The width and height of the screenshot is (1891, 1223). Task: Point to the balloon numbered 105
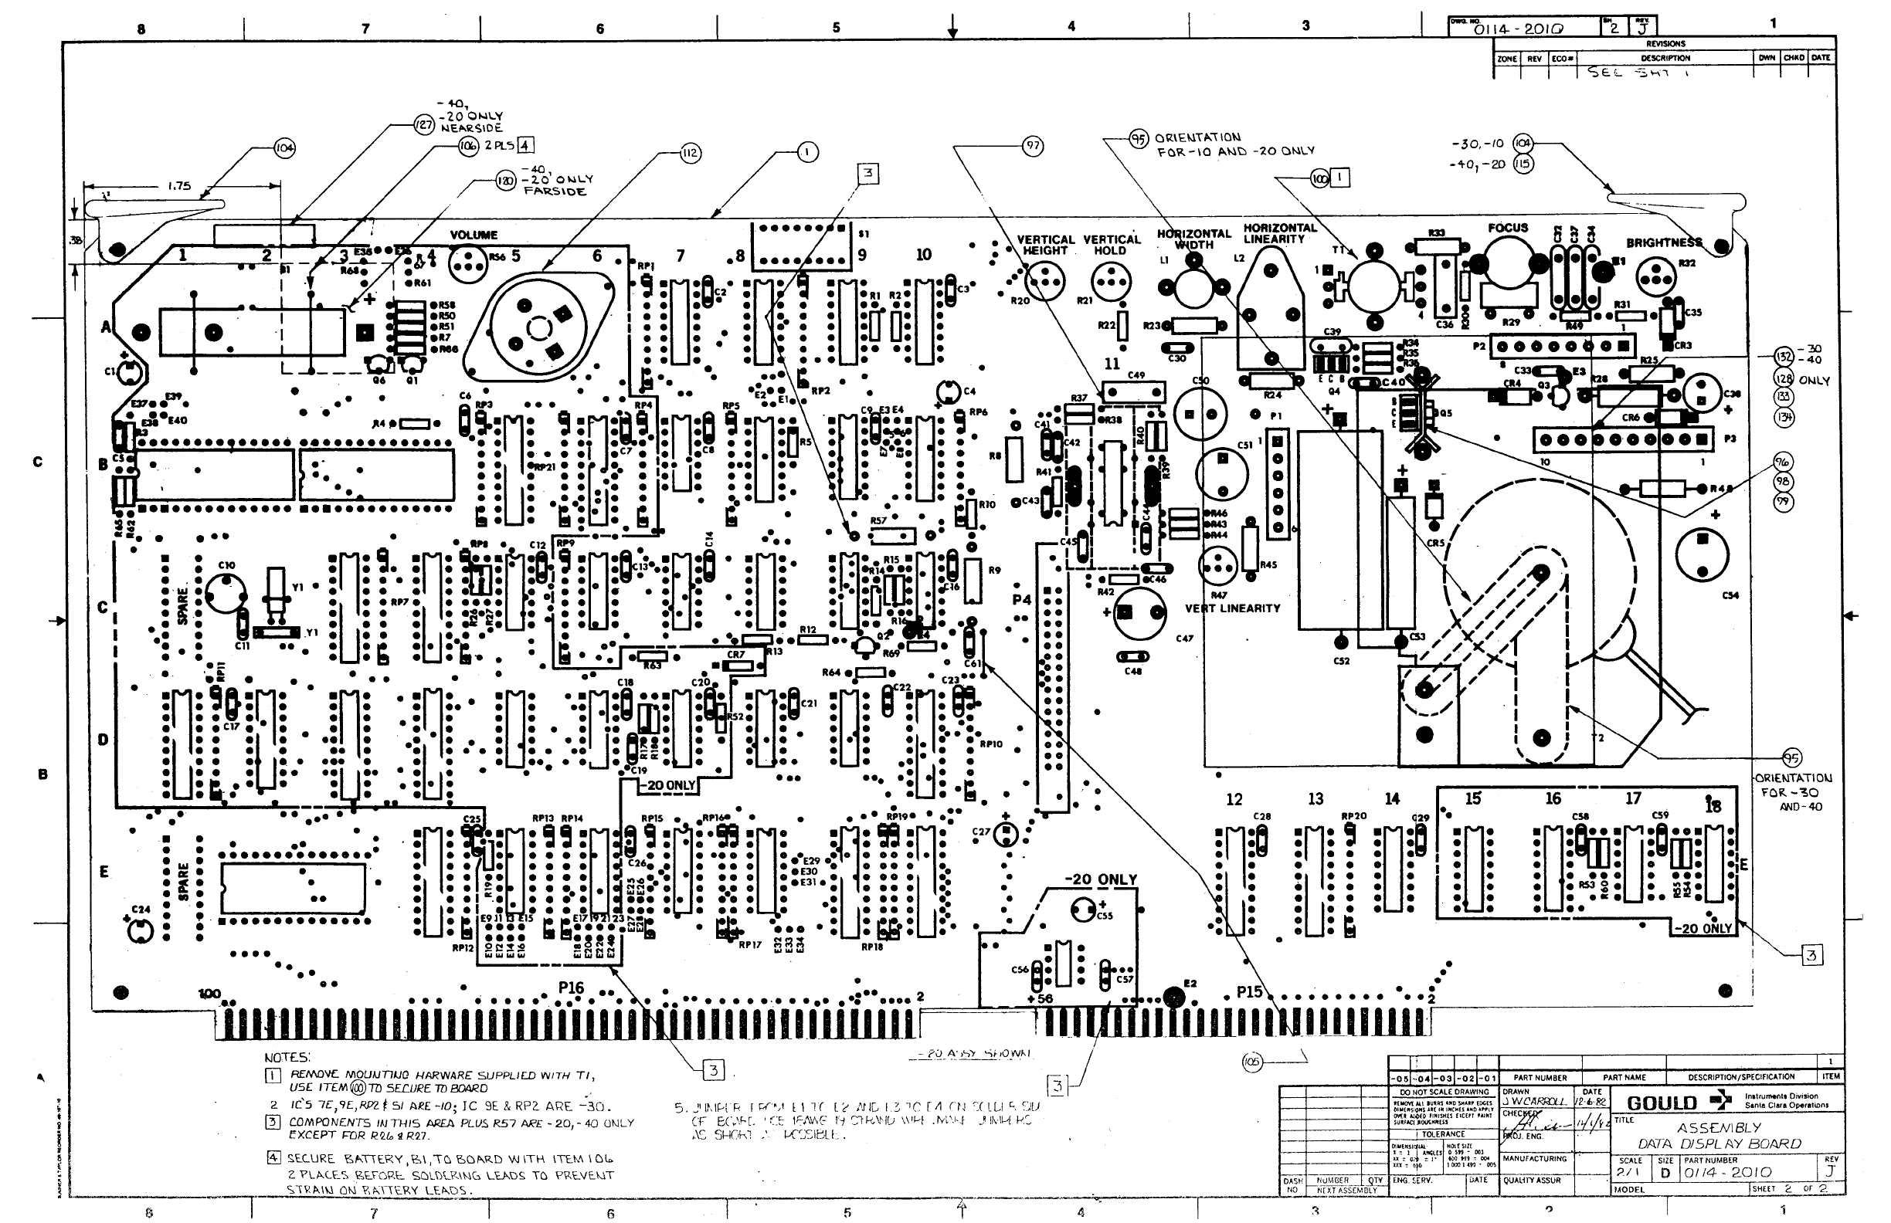[1251, 1062]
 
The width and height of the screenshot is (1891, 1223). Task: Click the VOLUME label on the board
[474, 235]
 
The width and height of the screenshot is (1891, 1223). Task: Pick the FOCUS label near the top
[1507, 228]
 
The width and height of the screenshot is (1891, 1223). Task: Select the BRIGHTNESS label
[1664, 243]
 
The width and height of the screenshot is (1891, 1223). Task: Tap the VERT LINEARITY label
[1232, 608]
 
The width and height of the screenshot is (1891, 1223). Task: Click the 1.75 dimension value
[178, 187]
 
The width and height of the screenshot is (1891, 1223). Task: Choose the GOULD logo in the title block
[1662, 1103]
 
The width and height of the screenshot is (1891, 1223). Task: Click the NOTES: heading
[287, 1058]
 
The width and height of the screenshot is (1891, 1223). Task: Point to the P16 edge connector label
[571, 988]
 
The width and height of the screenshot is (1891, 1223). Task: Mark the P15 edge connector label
[1249, 992]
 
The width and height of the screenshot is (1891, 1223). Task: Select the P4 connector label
[1022, 600]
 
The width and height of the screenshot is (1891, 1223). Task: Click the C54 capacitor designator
[1730, 595]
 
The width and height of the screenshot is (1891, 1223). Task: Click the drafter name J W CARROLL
[1534, 1103]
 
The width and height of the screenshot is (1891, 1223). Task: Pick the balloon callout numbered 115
[1523, 164]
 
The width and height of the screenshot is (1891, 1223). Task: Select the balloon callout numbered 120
[505, 181]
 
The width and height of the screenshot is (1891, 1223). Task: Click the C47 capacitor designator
[1184, 639]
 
